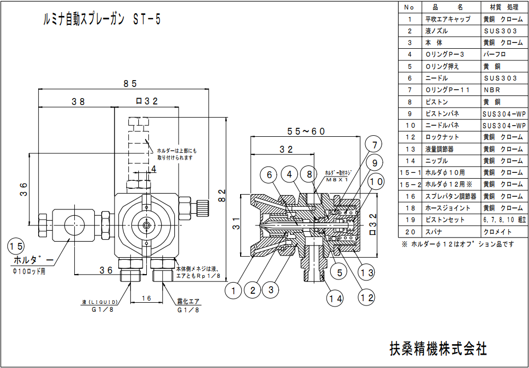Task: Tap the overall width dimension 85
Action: click(x=130, y=83)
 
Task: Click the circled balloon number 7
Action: click(x=374, y=145)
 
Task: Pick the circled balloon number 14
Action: click(x=333, y=299)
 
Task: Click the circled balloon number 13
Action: click(x=366, y=274)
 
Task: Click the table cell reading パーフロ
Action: click(x=495, y=55)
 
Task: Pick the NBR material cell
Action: click(x=492, y=90)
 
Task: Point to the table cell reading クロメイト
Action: click(x=496, y=232)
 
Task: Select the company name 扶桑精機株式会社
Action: click(x=438, y=348)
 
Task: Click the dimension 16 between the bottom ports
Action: click(x=146, y=299)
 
